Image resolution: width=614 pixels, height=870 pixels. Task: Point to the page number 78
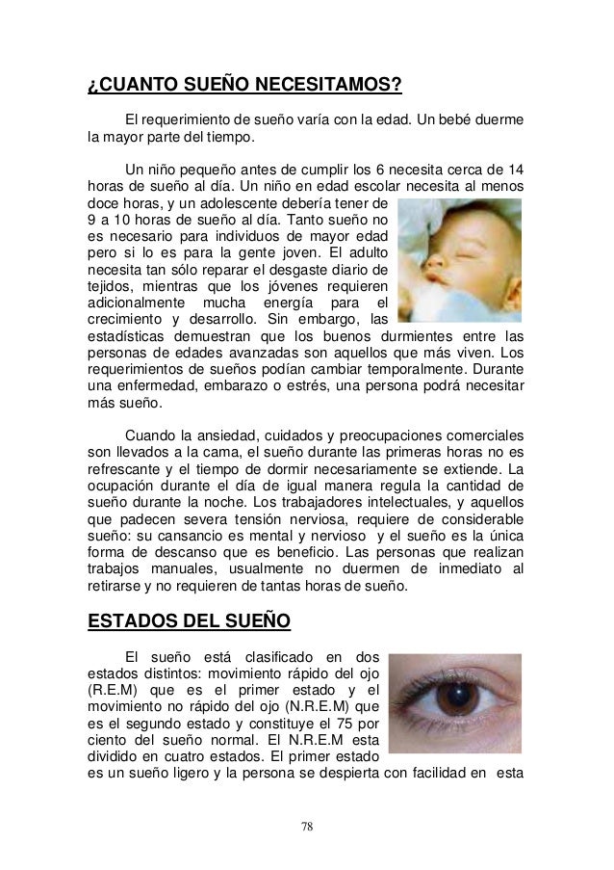(306, 826)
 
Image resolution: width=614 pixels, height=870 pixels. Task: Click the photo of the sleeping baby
(458, 259)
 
